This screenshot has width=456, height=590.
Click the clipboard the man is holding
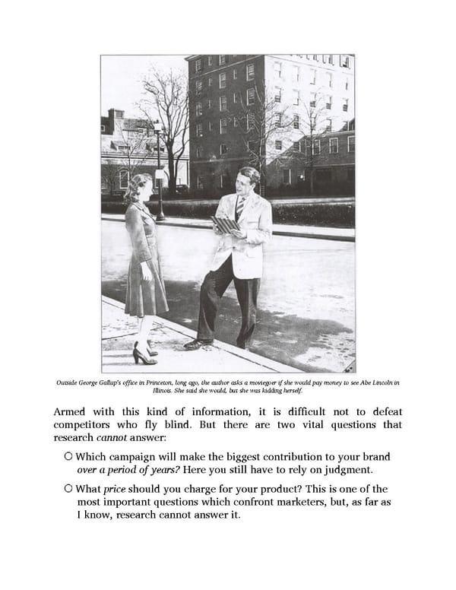point(226,225)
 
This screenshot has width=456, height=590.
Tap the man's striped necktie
point(240,208)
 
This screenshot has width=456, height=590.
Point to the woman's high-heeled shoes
point(144,354)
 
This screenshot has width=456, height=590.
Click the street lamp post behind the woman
point(159,175)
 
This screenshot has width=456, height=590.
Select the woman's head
point(140,188)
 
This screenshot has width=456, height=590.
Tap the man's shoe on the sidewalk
point(198,344)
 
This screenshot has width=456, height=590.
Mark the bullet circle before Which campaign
point(69,456)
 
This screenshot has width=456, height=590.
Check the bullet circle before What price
point(69,489)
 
